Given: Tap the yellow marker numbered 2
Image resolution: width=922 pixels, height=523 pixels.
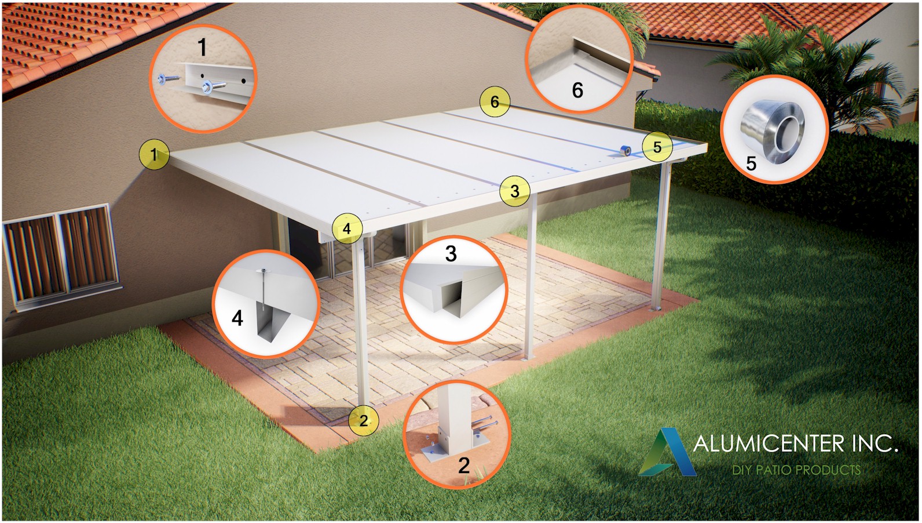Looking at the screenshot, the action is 364,420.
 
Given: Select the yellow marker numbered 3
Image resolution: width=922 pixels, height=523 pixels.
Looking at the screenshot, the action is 515,191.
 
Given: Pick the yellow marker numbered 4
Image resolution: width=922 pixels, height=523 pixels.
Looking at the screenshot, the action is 347,228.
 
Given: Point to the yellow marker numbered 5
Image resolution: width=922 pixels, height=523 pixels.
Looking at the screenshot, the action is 657,147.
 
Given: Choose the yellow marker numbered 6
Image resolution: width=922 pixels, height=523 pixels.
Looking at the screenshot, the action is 495,101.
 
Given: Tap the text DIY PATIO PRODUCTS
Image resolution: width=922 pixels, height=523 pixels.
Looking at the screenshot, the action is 796,470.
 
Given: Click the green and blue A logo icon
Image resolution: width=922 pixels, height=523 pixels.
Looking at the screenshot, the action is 667,452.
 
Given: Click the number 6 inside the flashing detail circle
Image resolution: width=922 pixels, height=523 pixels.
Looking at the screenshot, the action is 577,90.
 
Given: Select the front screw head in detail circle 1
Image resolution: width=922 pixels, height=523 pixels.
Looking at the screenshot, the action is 205,87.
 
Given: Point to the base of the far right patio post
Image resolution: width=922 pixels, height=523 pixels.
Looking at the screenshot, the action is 655,309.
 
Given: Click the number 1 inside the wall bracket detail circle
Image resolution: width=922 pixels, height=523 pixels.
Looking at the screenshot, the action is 202,48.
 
